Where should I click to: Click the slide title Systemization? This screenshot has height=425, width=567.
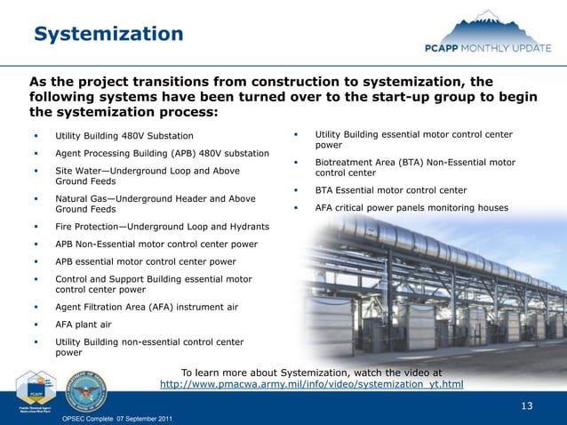pos(108,34)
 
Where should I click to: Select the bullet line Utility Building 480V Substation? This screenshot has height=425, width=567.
pos(124,136)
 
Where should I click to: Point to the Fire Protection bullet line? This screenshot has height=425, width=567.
pos(162,227)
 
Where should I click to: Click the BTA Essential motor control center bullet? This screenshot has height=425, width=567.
pos(391,190)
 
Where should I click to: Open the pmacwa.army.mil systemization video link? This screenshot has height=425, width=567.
pos(311,385)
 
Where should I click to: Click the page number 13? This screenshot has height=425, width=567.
pos(526,406)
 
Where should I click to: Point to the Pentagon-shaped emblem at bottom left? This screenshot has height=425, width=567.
pos(37,389)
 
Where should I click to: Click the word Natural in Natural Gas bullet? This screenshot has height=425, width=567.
pos(72,198)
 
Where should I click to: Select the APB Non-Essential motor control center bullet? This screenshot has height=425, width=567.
pos(156,244)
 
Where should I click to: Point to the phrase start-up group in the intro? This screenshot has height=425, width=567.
pos(343,97)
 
